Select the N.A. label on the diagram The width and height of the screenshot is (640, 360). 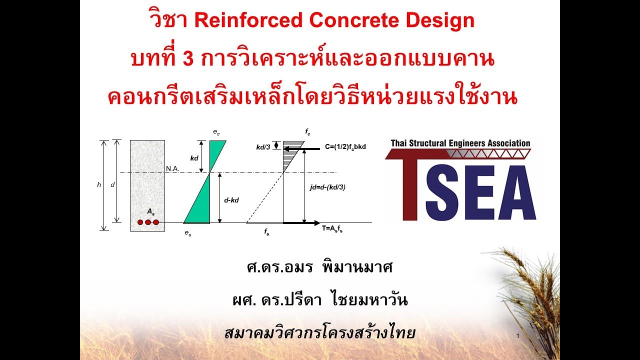pos(172,168)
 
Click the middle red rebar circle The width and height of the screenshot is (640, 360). pos(148,222)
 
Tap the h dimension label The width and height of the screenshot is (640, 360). pos(99,184)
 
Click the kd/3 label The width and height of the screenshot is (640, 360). pos(262,147)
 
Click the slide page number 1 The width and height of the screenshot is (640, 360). pos(518,335)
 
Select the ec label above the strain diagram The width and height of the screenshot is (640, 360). pos(216,132)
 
